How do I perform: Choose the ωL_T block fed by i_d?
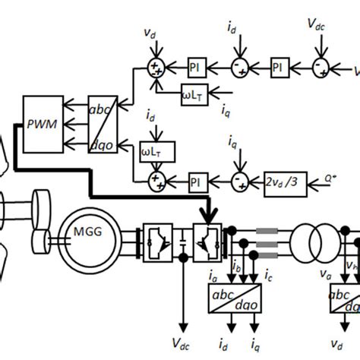point(158,150)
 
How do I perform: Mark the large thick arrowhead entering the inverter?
point(205,216)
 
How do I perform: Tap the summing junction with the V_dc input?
point(320,69)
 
